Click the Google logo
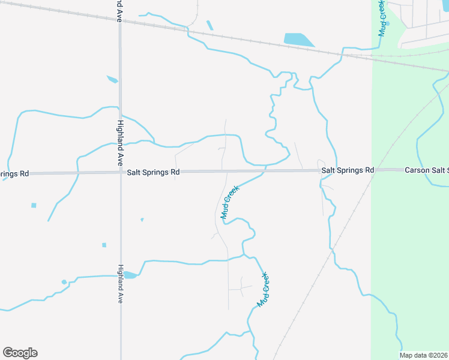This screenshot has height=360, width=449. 20,353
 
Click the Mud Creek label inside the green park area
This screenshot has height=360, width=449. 381,18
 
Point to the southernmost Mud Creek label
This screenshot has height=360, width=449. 263,290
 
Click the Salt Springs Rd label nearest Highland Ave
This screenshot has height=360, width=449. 153,172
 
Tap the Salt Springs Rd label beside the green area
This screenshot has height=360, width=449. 348,170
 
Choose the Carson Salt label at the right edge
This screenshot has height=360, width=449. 426,170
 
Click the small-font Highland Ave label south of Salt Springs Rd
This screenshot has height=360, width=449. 120,283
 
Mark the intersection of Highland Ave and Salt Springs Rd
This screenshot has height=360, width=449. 120,172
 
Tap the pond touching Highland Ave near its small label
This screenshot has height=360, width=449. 129,275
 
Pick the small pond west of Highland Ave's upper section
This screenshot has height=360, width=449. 112,79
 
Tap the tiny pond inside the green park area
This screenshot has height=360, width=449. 388,23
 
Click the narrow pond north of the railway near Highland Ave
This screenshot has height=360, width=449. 209,25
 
